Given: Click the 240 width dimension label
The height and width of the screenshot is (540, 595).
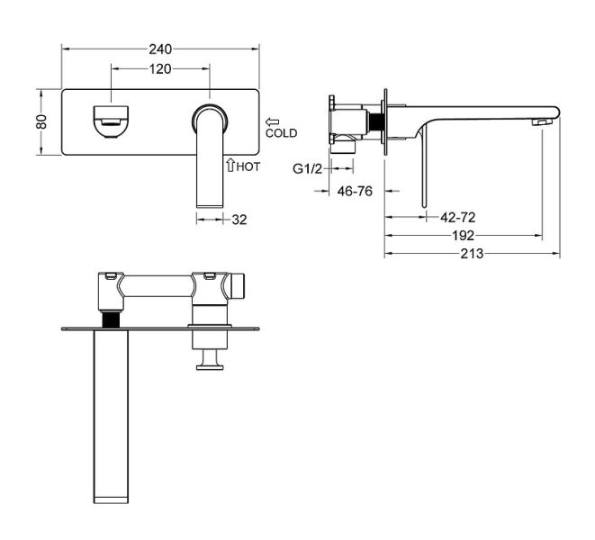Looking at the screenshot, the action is pos(160,49).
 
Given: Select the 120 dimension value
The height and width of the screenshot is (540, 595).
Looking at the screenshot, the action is pos(160,69).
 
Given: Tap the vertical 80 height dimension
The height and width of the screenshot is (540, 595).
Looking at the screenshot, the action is pos(41,121).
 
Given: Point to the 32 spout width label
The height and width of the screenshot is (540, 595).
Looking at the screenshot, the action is pos(239,220).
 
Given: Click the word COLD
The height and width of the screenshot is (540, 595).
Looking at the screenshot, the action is pos(281,133).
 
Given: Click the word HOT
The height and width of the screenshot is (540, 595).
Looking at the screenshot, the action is pos(248,166).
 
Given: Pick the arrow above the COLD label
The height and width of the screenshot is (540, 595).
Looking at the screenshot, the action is pos(273,121).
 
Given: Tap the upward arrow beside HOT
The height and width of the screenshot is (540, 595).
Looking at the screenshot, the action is pos(230,165).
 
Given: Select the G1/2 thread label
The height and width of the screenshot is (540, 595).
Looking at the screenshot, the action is pos(307,168).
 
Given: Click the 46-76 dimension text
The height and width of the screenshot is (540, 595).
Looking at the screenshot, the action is pos(355,191).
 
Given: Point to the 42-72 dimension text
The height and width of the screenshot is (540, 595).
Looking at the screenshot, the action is pos(457,218).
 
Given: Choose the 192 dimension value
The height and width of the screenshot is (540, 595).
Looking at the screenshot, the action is pos(463,236).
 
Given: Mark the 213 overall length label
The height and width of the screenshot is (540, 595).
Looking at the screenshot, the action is pos(472,254).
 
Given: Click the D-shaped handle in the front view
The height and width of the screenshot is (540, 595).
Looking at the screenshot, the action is pos(111,121).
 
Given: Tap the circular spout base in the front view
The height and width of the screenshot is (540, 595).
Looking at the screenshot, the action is pos(210,119).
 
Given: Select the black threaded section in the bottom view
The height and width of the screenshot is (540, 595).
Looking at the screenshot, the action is pos(112,319).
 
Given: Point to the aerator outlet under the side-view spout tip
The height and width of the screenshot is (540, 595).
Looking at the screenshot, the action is pos(542,121).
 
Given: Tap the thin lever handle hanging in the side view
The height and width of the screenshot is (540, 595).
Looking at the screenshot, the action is pos(424,167).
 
